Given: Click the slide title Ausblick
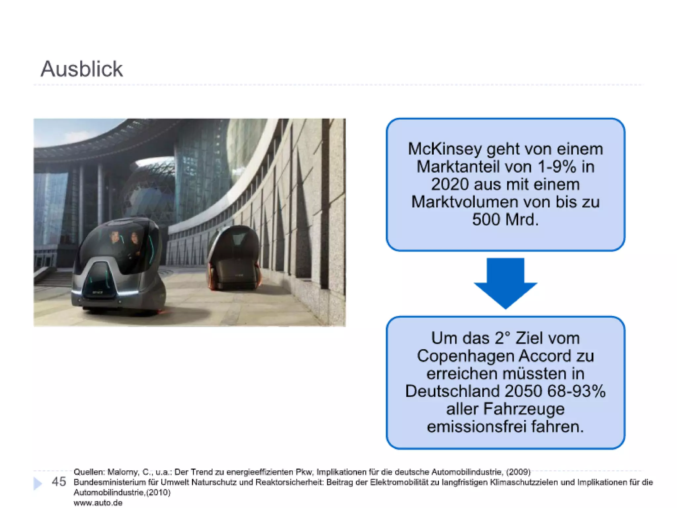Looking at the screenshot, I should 81,69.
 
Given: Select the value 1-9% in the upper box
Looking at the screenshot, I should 557,167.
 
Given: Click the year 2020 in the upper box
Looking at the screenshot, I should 450,184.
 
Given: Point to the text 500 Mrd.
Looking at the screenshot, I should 505,219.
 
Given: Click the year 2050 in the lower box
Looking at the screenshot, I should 524,391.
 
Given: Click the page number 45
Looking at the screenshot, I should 59,482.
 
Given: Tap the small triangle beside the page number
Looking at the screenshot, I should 38,483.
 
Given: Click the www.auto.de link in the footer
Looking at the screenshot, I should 98,503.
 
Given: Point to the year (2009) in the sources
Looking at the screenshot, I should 518,472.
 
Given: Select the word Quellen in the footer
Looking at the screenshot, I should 88,472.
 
